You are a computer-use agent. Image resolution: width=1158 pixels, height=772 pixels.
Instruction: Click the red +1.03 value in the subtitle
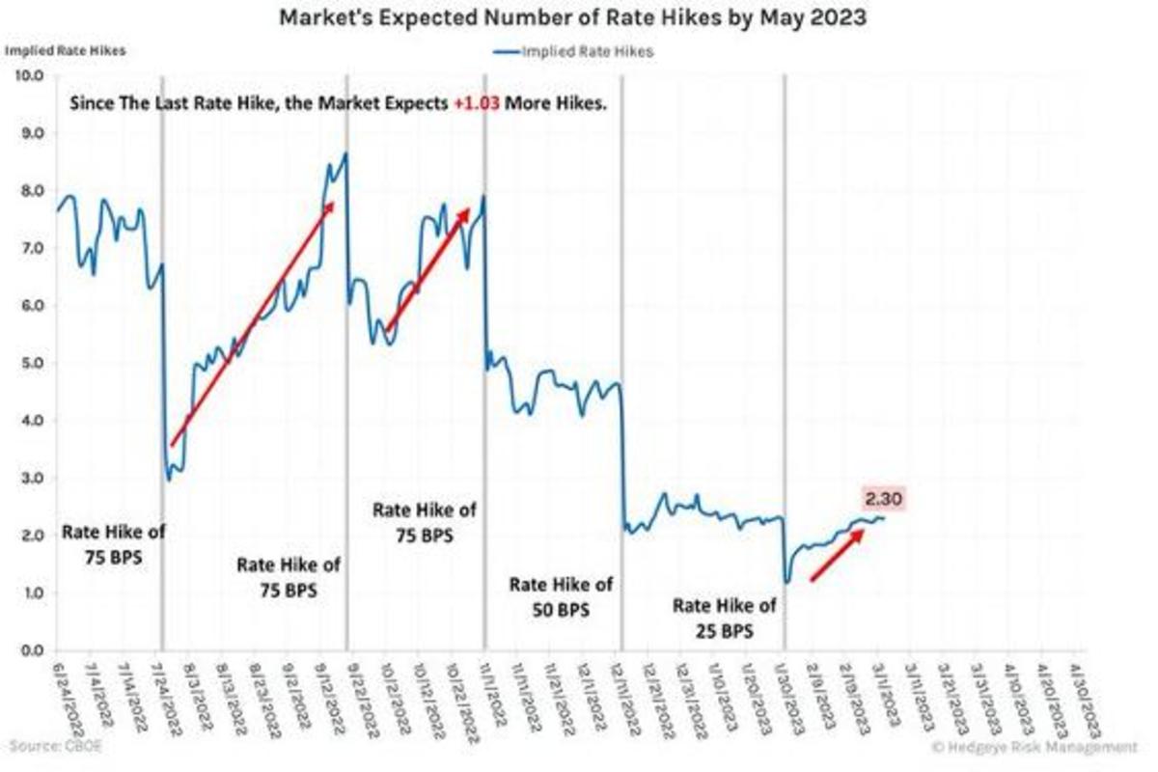coord(477,103)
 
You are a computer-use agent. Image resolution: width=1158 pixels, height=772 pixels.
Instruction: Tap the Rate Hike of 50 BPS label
coord(561,597)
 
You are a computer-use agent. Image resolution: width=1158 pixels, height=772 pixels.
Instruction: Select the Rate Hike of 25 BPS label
coord(724,619)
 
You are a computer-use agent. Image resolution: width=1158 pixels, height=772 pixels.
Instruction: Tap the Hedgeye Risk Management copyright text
coord(1034,746)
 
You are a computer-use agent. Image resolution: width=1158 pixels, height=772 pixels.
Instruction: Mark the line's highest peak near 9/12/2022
coord(345,152)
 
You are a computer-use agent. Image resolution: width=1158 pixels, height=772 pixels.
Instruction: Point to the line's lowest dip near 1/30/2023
coord(787,582)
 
